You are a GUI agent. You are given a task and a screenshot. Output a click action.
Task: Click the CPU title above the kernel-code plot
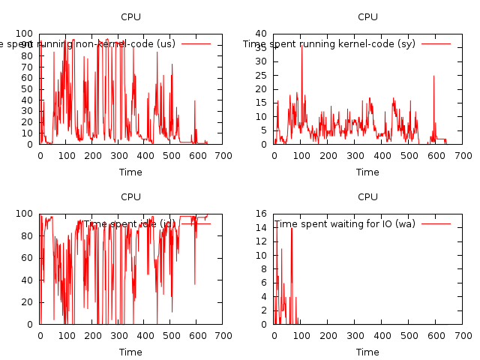[367, 16]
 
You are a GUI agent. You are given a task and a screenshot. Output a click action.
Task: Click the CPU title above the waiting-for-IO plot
[367, 196]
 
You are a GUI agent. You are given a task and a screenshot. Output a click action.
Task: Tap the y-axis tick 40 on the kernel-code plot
[263, 34]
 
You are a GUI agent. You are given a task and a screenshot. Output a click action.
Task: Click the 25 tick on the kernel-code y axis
[263, 75]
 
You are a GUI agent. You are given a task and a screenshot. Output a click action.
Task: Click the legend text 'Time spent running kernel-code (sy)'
[329, 43]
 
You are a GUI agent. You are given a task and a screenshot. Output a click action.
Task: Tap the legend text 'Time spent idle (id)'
[130, 223]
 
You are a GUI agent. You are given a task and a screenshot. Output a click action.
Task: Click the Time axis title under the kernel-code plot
[367, 172]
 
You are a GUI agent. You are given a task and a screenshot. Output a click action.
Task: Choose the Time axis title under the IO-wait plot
[367, 352]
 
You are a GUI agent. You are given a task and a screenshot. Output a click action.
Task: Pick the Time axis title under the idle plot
[130, 352]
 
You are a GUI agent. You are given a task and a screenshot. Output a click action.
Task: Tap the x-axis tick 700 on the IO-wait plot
[463, 336]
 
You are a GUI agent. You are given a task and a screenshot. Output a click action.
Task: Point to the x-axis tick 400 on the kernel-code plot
[382, 156]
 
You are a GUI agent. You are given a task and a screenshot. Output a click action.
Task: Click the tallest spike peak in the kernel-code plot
[302, 45]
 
